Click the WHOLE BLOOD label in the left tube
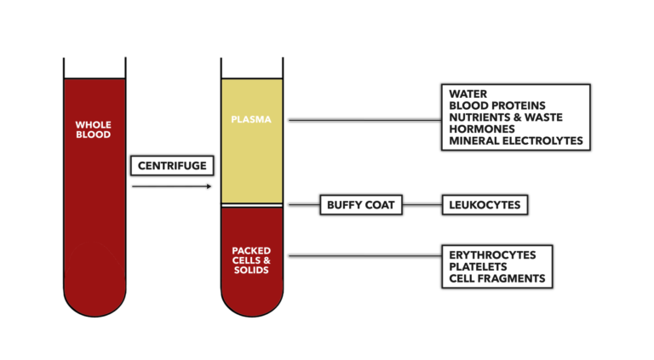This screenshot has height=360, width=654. click(93, 129)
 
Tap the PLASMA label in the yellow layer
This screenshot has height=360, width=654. click(251, 119)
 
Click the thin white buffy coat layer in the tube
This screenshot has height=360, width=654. click(252, 205)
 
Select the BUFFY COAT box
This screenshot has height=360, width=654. click(360, 205)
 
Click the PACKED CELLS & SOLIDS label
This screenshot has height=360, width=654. click(251, 260)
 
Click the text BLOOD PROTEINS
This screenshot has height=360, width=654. click(497, 105)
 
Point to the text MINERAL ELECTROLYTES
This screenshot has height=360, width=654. click(516, 141)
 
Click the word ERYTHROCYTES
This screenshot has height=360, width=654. click(493, 254)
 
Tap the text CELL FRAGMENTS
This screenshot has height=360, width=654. click(497, 278)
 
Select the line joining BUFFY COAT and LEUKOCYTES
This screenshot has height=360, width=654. click(422, 205)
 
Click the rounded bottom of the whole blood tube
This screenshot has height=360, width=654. click(95, 302)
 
